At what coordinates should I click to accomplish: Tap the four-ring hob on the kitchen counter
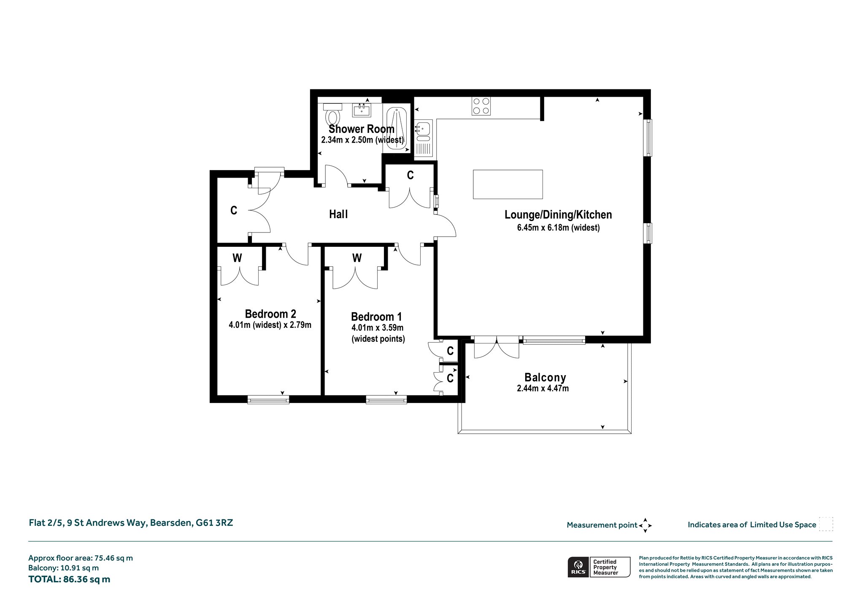point(481,106)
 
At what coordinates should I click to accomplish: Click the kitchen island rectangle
point(508,184)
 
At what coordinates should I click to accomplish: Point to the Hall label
point(338,214)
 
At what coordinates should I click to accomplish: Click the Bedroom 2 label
point(270,314)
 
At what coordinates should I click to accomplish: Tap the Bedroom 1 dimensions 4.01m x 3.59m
point(378,328)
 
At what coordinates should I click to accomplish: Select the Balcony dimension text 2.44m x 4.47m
point(543,389)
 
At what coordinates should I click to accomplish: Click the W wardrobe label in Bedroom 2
point(237,258)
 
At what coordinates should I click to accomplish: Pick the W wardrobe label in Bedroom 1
point(357,258)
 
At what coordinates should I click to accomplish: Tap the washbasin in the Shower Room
point(362,110)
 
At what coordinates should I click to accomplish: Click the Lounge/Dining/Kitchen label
point(558,215)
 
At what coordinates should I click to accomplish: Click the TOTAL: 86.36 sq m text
point(69,579)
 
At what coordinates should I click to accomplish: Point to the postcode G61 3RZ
point(214,523)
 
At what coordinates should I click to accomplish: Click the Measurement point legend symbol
point(645,525)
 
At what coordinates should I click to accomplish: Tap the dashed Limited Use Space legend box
point(826,524)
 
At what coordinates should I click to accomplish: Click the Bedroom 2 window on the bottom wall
point(268,400)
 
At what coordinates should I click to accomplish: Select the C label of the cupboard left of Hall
point(234,210)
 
